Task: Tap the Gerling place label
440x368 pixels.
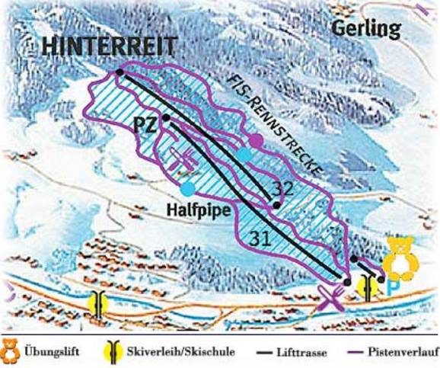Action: (x=366, y=30)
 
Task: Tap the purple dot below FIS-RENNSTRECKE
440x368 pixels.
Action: (x=257, y=141)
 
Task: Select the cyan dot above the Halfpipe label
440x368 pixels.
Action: (x=187, y=187)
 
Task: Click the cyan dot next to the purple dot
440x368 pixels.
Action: (x=244, y=155)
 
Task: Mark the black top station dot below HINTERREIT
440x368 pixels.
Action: (x=120, y=72)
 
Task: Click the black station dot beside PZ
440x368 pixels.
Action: (x=165, y=117)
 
